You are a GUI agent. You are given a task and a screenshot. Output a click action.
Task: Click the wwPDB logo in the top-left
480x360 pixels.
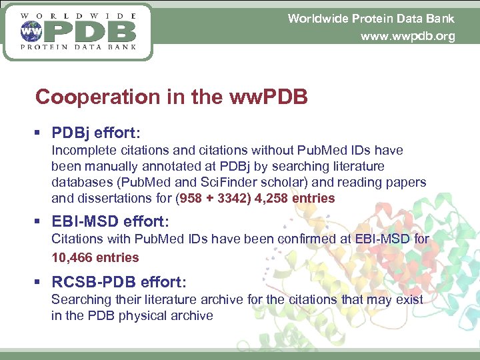(x=77, y=31)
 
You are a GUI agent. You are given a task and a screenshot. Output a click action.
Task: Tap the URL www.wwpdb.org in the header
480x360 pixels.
(x=407, y=37)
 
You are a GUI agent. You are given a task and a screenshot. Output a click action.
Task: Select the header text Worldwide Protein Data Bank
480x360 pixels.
(x=371, y=18)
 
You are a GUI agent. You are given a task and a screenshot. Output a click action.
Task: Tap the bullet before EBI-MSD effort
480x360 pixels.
(x=41, y=221)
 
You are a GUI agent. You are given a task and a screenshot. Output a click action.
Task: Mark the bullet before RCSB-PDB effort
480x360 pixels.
(x=41, y=281)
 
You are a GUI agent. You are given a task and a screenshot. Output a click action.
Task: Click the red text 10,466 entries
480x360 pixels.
(x=95, y=257)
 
